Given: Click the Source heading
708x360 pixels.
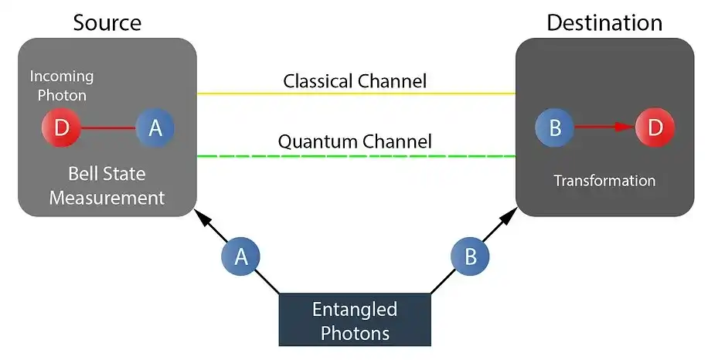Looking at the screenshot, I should tap(107, 22).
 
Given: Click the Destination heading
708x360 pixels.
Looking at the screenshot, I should tap(604, 22).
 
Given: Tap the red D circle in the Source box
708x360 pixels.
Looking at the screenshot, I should tap(61, 127).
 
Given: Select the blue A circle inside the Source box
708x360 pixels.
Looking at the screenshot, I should tap(155, 127).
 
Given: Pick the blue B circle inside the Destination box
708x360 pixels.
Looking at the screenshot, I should tap(555, 127).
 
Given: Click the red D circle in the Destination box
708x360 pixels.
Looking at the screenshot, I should tap(655, 127).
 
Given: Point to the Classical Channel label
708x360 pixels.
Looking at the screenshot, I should tap(355, 80).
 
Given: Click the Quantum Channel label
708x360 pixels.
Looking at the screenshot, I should tap(355, 141).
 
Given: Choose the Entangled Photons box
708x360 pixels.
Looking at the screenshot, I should tap(354, 320).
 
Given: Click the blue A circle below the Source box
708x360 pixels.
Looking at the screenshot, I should tap(241, 256).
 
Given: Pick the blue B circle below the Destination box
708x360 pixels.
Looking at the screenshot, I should tap(470, 256).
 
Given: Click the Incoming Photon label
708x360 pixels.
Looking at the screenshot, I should tap(62, 86).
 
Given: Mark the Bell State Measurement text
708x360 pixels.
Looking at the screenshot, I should tap(107, 185).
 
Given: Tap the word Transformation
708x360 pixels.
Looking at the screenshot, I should tap(604, 181).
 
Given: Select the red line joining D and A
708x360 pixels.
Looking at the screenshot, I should tap(108, 127).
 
